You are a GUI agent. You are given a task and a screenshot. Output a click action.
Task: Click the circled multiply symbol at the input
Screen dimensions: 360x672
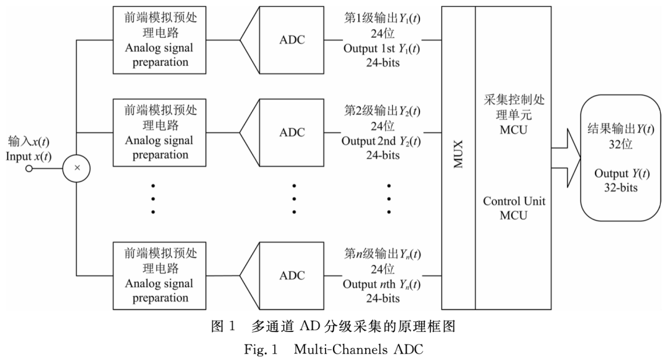(77, 167)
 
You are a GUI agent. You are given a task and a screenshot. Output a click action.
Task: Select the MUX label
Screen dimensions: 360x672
(458, 155)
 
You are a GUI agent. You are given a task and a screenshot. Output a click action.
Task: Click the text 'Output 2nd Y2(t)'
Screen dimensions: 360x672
(381, 141)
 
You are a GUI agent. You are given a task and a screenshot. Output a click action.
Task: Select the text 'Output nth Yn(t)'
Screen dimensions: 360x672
(381, 284)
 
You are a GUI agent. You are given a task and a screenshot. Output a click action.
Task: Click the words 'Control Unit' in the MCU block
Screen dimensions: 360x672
(514, 201)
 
